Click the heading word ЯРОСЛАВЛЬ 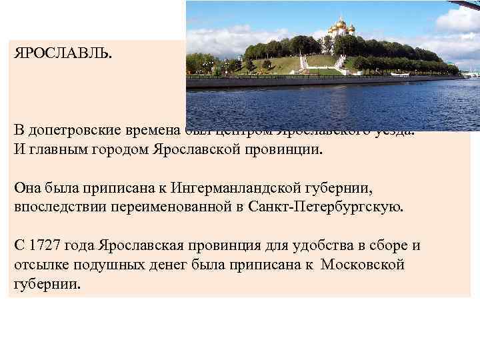pos(63,52)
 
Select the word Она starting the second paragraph pos(29,189)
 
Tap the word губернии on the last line pos(46,283)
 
